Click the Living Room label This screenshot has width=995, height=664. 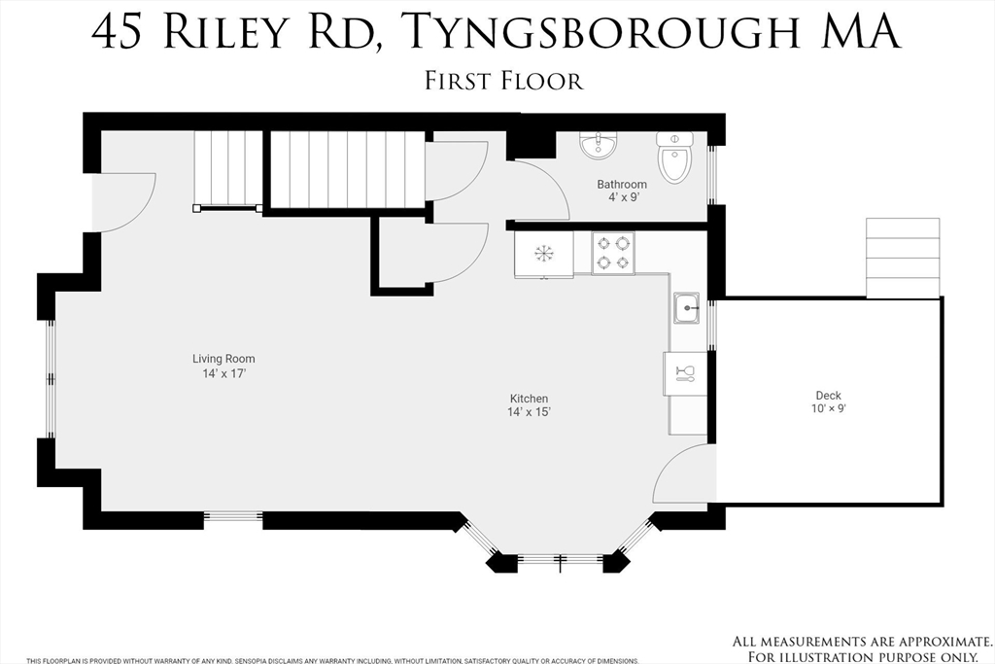pos(223,359)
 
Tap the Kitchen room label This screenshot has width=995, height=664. pos(530,399)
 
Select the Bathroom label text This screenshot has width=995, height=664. pos(622,185)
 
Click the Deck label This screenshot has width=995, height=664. pos(829,396)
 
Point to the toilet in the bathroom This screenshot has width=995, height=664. pos(674,158)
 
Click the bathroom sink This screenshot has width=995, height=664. pos(598,147)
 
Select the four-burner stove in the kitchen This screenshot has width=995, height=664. pos(613,254)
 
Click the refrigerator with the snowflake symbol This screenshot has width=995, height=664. pos(543,255)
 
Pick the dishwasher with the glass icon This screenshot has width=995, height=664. pos(683,373)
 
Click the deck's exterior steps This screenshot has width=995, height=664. pos(903,259)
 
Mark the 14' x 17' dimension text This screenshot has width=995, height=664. pos(223,373)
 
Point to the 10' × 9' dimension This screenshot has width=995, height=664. pos(829,409)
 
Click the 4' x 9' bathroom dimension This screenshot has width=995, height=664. pos(622,198)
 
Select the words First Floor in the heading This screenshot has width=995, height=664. pos(503,80)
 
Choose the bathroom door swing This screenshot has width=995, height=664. pos(540,191)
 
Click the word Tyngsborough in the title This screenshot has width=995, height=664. pos(603,31)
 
